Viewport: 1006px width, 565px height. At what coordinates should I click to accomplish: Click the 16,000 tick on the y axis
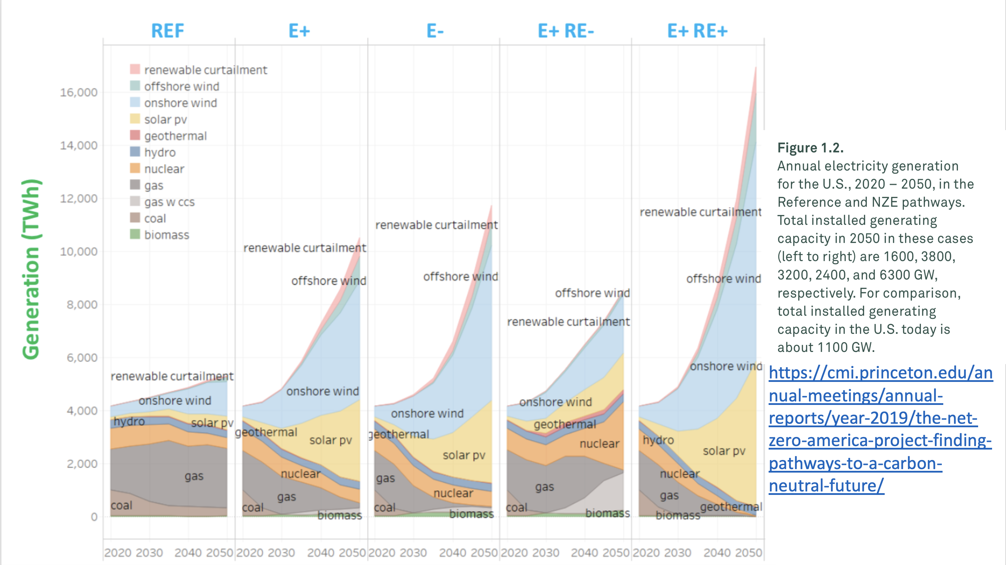coord(78,93)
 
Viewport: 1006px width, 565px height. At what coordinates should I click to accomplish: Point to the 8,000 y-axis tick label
coord(82,305)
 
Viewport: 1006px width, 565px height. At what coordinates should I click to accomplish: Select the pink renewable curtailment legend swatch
coord(135,69)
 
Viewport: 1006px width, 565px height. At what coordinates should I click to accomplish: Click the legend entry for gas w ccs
coord(169,202)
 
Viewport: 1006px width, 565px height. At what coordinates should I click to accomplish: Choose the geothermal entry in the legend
coord(175,136)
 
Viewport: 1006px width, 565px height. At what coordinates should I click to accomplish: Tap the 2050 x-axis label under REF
coord(220,552)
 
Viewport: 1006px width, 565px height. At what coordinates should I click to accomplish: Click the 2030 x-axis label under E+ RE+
coord(678,552)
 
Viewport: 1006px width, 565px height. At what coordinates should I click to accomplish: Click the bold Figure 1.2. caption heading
coord(810,148)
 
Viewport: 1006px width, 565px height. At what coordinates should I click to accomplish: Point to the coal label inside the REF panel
coord(121,505)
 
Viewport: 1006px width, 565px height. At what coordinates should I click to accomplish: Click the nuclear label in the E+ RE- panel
coord(600,444)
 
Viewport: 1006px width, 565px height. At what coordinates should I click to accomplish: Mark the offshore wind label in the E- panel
coord(460,277)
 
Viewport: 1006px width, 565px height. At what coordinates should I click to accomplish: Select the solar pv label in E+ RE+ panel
coord(724,451)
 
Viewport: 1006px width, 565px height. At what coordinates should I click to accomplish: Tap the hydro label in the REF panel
coord(129,421)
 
